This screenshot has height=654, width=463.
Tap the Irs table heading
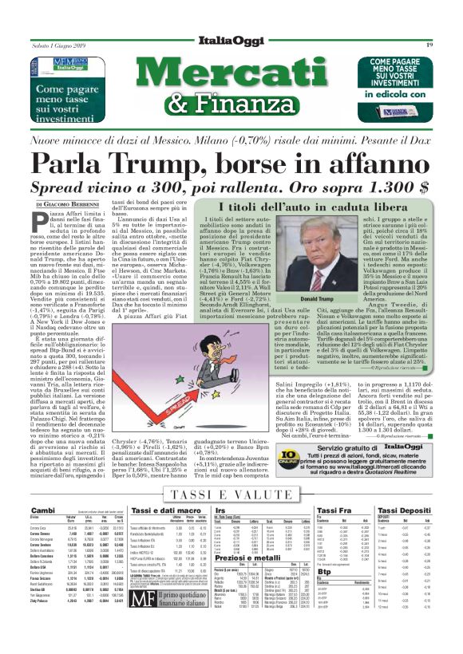point(220,510)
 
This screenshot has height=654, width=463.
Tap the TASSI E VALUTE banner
point(231,495)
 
